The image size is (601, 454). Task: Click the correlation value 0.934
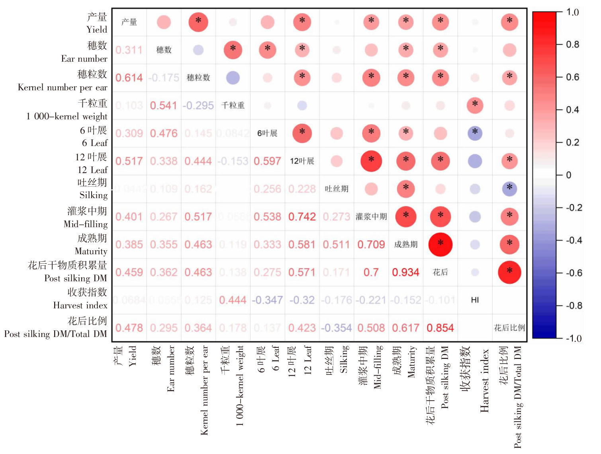(405, 273)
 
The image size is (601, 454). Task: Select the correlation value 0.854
(440, 328)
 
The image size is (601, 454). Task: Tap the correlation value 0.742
(302, 217)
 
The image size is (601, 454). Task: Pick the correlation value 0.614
(129, 78)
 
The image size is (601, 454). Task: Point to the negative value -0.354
(337, 328)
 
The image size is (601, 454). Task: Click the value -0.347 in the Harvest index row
(267, 300)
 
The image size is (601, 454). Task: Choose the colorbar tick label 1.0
(573, 12)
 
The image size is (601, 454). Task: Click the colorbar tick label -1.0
(574, 339)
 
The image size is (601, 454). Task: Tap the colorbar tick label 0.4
(573, 110)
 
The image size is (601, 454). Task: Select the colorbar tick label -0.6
(574, 273)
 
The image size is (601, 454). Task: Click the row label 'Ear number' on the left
(84, 59)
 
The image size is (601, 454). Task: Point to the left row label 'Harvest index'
(80, 306)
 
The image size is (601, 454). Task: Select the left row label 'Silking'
(93, 195)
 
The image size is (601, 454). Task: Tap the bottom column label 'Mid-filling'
(377, 367)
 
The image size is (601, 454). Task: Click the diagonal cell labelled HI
(475, 300)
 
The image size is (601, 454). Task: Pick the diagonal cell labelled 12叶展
(302, 161)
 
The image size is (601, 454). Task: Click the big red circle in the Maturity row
(440, 244)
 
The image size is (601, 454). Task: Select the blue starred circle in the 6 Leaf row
(475, 133)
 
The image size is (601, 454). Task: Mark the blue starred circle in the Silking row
(509, 189)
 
